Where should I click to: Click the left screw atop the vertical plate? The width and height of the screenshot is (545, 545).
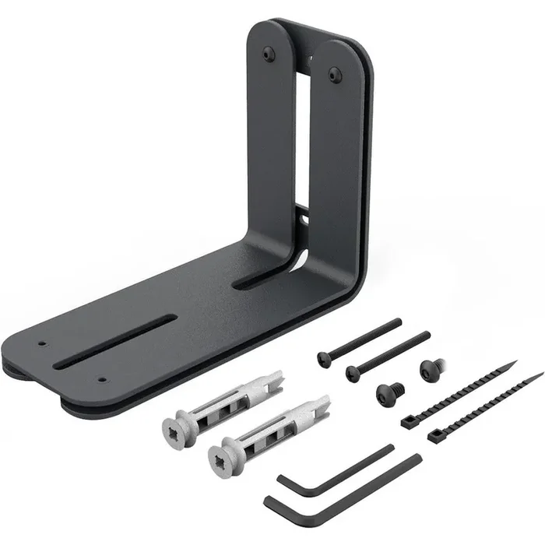tap(269, 53)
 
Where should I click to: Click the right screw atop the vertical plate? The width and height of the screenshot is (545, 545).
tap(335, 75)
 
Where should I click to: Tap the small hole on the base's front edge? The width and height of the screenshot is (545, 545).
tap(102, 380)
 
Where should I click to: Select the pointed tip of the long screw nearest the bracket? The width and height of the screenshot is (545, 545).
tap(400, 320)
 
